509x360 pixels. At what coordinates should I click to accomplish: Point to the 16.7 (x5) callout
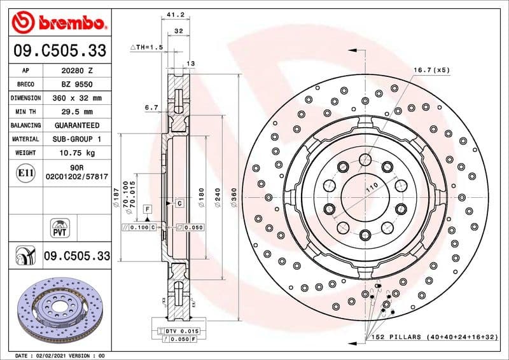(431, 69)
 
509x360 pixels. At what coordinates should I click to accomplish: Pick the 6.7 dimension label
(151, 108)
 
